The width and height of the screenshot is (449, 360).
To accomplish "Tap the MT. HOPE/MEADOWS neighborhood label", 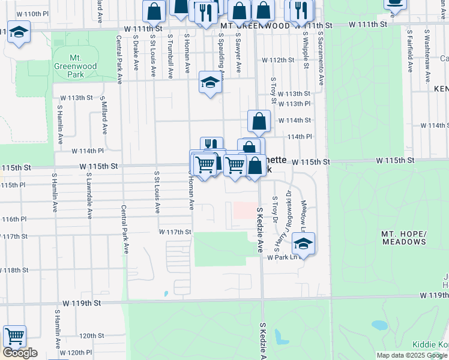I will click(x=403, y=237).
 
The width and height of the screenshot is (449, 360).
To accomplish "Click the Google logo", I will click(x=20, y=353).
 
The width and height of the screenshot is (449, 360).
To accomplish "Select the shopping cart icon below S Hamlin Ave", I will click(x=14, y=336).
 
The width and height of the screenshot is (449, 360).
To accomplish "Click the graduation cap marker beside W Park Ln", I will click(x=304, y=244).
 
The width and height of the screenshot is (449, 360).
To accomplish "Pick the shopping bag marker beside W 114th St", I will click(x=259, y=121).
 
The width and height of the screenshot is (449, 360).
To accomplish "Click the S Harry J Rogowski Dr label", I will click(x=284, y=219).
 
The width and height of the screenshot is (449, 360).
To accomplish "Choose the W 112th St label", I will click(x=277, y=60).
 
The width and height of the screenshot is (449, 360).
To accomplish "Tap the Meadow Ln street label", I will click(x=304, y=217).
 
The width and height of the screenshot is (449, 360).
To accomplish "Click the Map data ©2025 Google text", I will click(x=411, y=355).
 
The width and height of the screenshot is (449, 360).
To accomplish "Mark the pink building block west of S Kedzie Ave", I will click(x=243, y=210).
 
